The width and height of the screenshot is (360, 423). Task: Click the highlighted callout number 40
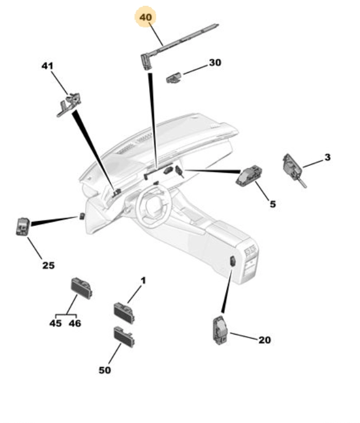click(x=146, y=17)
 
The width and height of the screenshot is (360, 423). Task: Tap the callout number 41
click(x=47, y=66)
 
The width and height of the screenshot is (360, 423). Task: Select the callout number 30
click(x=215, y=63)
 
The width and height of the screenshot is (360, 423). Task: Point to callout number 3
click(x=327, y=157)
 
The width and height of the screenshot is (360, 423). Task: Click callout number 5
click(x=273, y=204)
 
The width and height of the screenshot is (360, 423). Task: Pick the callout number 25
click(x=48, y=265)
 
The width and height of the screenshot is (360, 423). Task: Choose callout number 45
click(x=55, y=323)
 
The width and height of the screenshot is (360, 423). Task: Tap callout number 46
click(x=75, y=323)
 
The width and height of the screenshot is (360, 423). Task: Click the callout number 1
click(x=143, y=280)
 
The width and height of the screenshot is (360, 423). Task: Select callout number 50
click(x=105, y=370)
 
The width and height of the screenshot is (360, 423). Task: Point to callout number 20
click(x=264, y=340)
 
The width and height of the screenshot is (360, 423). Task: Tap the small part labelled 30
click(x=174, y=78)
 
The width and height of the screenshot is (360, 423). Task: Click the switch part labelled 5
click(x=249, y=176)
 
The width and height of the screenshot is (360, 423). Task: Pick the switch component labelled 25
click(x=23, y=226)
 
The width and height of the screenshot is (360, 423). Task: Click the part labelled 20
click(x=220, y=330)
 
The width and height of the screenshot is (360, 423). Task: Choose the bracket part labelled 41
click(x=69, y=104)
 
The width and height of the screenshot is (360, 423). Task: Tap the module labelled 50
click(x=124, y=337)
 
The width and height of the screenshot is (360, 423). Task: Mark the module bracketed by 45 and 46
click(x=82, y=288)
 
